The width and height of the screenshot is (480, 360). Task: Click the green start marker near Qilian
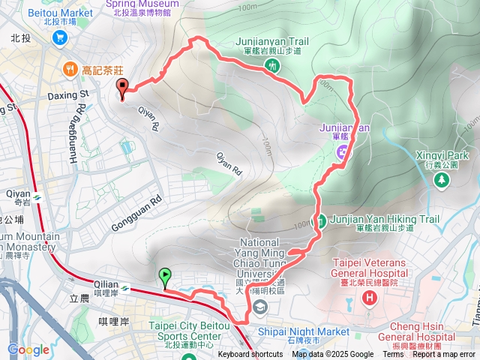pos(165,277)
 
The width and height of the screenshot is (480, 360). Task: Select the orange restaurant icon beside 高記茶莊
pos(70,69)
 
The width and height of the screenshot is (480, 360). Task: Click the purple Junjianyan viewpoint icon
pos(342,152)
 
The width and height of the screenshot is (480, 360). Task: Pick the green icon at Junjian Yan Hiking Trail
pos(319,220)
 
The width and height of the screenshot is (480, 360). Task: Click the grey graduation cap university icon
pos(259,306)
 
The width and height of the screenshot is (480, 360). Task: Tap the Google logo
pos(28,349)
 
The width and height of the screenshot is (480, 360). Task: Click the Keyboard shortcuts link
pos(250,355)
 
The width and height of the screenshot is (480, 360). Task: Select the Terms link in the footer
pos(392,355)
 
